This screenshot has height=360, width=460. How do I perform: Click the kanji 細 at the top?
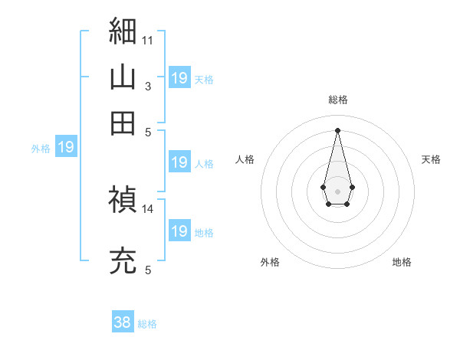[x=123, y=31]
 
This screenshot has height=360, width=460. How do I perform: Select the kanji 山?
[x=123, y=77]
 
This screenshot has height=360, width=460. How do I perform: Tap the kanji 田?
[x=123, y=123]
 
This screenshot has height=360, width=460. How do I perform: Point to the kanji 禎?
[x=123, y=198]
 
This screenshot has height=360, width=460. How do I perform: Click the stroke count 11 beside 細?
[x=147, y=41]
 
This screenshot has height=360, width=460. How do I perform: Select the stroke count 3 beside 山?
[x=148, y=87]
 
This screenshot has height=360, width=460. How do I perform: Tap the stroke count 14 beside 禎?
[x=147, y=209]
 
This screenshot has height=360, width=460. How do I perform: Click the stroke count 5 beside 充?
[x=148, y=270]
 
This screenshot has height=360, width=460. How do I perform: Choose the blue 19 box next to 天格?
[x=179, y=77]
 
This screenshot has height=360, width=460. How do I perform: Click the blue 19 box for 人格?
[x=179, y=162]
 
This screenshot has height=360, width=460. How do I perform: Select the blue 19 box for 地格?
[x=179, y=230]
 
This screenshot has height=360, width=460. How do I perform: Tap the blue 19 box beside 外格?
[x=66, y=146]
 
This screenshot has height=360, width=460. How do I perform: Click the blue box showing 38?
[x=123, y=321]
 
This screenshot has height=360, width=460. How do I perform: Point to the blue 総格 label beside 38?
[x=147, y=324]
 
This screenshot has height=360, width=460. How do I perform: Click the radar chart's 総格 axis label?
[x=338, y=100]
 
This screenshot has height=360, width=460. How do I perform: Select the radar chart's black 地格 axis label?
[x=402, y=262]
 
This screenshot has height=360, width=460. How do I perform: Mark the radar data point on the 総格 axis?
[x=337, y=130]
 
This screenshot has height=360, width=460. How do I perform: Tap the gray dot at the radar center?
[x=337, y=191]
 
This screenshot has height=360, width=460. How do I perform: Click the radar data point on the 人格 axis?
[x=323, y=187]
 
